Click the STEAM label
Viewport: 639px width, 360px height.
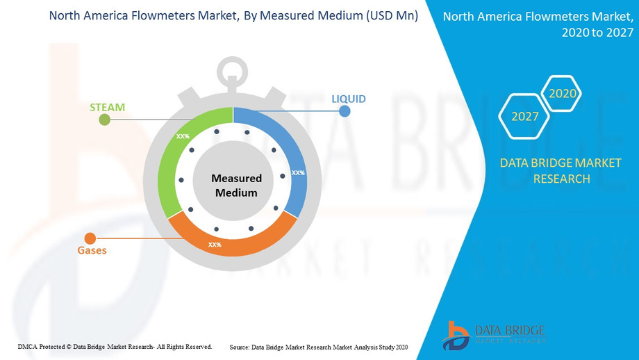[107, 107]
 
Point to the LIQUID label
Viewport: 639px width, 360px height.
[349, 99]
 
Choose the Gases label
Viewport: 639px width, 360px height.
[92, 250]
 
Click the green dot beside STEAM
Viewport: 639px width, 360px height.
[105, 120]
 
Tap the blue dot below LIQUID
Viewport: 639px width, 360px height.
[345, 111]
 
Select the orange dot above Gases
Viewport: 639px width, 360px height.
[90, 238]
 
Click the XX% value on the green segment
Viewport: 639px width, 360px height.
[183, 136]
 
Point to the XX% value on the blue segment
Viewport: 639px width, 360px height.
[298, 173]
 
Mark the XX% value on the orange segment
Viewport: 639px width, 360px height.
[215, 245]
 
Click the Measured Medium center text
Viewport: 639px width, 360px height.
[236, 186]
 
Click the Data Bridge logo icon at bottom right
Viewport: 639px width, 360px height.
[456, 336]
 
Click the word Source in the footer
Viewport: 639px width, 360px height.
[239, 347]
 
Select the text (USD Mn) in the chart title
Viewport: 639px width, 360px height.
[392, 15]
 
